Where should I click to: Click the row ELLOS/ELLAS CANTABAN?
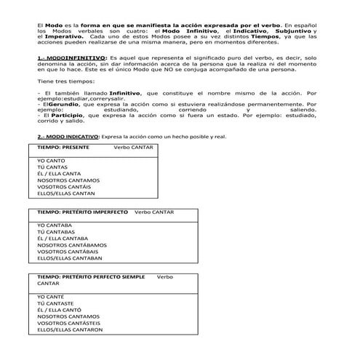coord(69,258)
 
